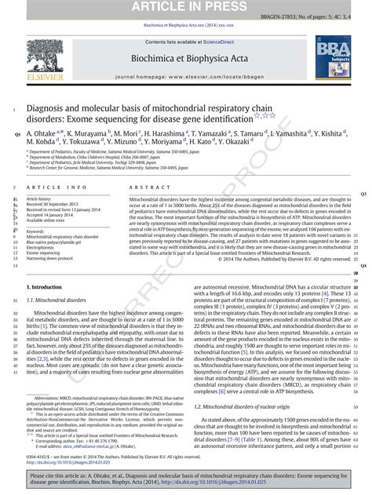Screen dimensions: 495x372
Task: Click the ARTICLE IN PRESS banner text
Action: (x=185, y=8)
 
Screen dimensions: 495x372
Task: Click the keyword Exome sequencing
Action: (x=47, y=253)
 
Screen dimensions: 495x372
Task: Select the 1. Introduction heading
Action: (x=48, y=289)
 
